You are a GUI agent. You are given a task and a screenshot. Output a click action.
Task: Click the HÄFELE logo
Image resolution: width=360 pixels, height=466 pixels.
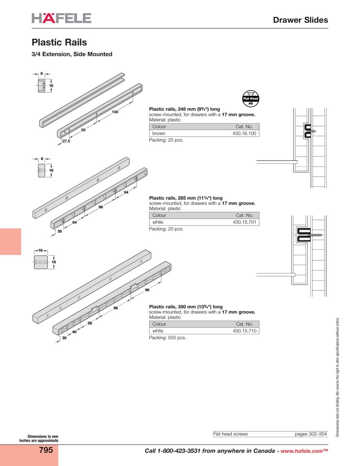(x=62, y=18)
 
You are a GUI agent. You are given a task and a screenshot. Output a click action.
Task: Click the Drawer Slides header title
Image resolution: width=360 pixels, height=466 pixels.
(x=300, y=20)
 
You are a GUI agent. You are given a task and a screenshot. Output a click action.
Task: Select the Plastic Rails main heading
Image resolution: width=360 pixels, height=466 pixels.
(x=59, y=42)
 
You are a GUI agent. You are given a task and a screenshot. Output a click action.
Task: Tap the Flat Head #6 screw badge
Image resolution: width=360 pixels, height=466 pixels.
(x=251, y=98)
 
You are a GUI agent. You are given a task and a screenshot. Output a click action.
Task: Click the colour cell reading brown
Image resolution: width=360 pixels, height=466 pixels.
(x=159, y=133)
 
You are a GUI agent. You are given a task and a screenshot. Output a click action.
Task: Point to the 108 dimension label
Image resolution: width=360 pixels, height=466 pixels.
(x=115, y=112)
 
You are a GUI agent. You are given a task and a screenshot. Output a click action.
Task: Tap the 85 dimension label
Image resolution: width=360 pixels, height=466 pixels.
(x=84, y=130)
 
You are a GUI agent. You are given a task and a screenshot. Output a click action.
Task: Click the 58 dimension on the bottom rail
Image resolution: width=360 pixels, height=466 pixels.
(x=90, y=323)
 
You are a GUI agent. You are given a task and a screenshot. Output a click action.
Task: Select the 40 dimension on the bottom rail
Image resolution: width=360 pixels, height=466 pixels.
(x=74, y=331)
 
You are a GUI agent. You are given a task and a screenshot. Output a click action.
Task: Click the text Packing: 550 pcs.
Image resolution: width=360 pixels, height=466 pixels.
(x=168, y=338)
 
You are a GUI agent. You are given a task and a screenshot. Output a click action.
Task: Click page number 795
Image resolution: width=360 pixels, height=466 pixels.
(x=46, y=450)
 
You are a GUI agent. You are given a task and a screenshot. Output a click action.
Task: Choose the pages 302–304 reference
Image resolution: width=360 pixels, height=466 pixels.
(x=311, y=434)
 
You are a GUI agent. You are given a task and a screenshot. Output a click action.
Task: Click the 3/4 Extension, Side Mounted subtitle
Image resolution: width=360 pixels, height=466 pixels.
(x=72, y=54)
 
